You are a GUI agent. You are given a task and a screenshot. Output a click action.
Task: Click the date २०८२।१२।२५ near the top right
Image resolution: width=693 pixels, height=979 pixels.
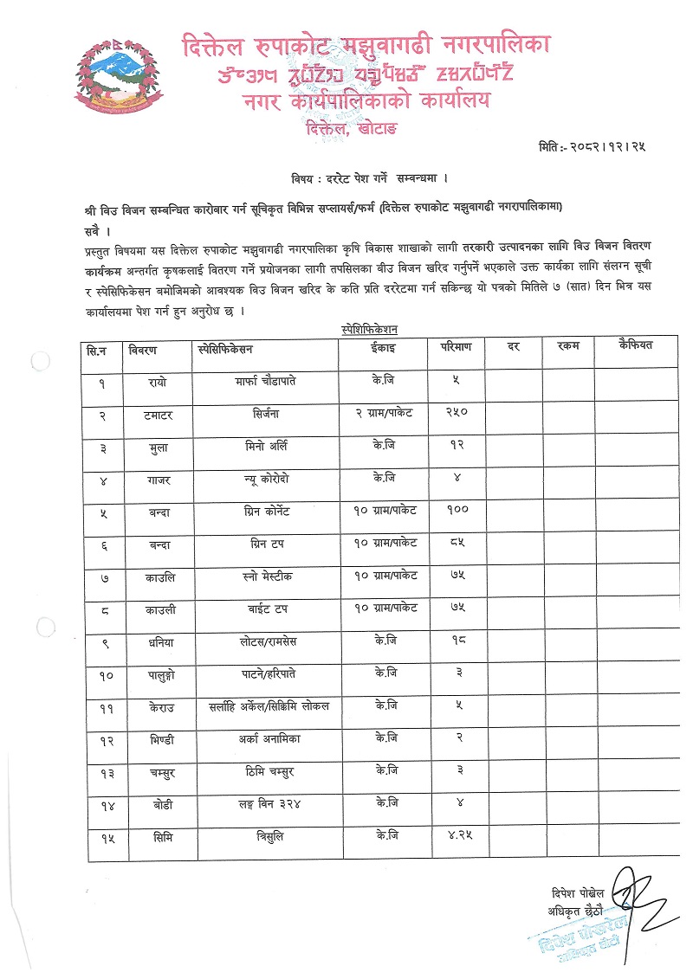pyautogui.click(x=604, y=147)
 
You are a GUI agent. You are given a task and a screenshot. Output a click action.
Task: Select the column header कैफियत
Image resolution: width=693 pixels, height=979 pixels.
pyautogui.click(x=635, y=346)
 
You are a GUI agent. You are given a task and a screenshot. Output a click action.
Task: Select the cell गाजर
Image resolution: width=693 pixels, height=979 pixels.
pyautogui.click(x=160, y=479)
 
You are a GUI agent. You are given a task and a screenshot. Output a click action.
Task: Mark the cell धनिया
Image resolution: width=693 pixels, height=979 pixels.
pyautogui.click(x=160, y=641)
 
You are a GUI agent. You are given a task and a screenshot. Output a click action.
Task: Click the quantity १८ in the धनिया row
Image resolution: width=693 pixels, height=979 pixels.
pyautogui.click(x=457, y=641)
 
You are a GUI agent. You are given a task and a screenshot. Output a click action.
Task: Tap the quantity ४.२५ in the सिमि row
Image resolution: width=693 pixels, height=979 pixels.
pyautogui.click(x=457, y=837)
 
